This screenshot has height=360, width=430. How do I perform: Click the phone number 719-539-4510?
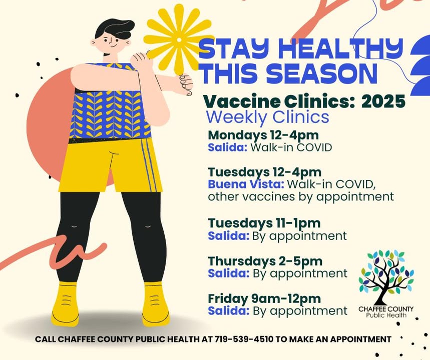coord(244,339)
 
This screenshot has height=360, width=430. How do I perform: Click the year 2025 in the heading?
coord(383,101)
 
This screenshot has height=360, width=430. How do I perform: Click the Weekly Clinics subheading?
coord(267,117)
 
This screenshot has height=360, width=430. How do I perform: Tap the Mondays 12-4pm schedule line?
coord(263,135)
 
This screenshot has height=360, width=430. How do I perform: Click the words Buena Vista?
coord(246,184)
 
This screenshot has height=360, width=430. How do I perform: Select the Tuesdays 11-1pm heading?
coord(264,223)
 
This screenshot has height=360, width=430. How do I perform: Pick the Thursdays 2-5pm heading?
coord(265,261)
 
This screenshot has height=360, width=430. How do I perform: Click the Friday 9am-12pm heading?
coord(264,298)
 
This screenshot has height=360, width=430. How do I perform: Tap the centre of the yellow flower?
coord(179,40)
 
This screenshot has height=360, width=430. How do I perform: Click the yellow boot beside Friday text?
coord(155,303)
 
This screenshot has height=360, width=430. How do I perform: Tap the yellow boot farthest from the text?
coord(65,303)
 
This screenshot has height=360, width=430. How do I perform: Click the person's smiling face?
coord(111,42)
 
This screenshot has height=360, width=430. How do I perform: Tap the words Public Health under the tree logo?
coord(386,315)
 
